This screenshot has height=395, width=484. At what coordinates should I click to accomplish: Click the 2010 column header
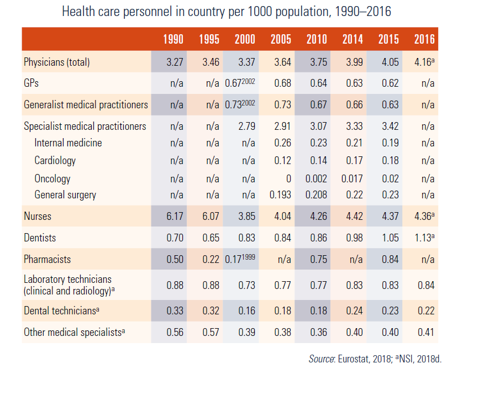click(317, 39)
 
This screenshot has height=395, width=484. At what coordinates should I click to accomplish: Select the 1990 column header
click(173, 39)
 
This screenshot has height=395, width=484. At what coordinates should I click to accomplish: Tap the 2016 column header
click(424, 39)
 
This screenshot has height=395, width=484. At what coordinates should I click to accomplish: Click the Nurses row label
click(38, 217)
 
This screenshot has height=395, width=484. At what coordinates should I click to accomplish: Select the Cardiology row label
click(55, 161)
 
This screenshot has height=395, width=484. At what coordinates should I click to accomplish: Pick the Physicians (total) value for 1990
click(175, 62)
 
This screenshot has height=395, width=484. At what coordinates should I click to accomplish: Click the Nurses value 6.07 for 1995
click(211, 217)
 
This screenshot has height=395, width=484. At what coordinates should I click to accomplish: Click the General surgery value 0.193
click(281, 194)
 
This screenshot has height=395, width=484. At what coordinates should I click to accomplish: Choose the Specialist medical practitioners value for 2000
click(246, 127)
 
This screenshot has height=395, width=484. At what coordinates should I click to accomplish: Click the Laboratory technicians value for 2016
click(426, 285)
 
